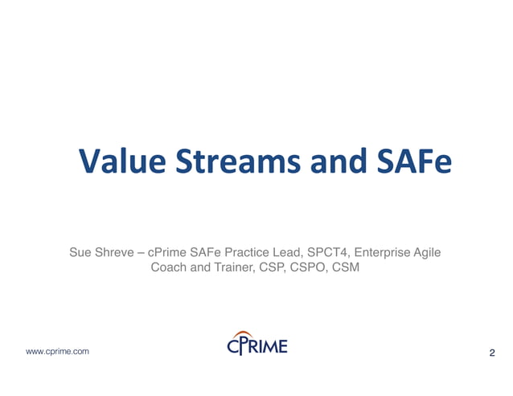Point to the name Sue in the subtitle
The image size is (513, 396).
pos(80,252)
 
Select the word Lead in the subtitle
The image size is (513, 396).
pos(292,252)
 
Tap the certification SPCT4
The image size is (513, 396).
pos(331,252)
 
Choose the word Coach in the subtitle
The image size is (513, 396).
pos(167,267)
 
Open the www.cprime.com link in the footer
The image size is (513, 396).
pos(58,352)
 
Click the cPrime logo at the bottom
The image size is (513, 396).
pos(256,346)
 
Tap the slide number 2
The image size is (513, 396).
pos(491,353)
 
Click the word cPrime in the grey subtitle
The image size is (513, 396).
pos(167,252)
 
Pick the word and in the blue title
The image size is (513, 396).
pos(333,161)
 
